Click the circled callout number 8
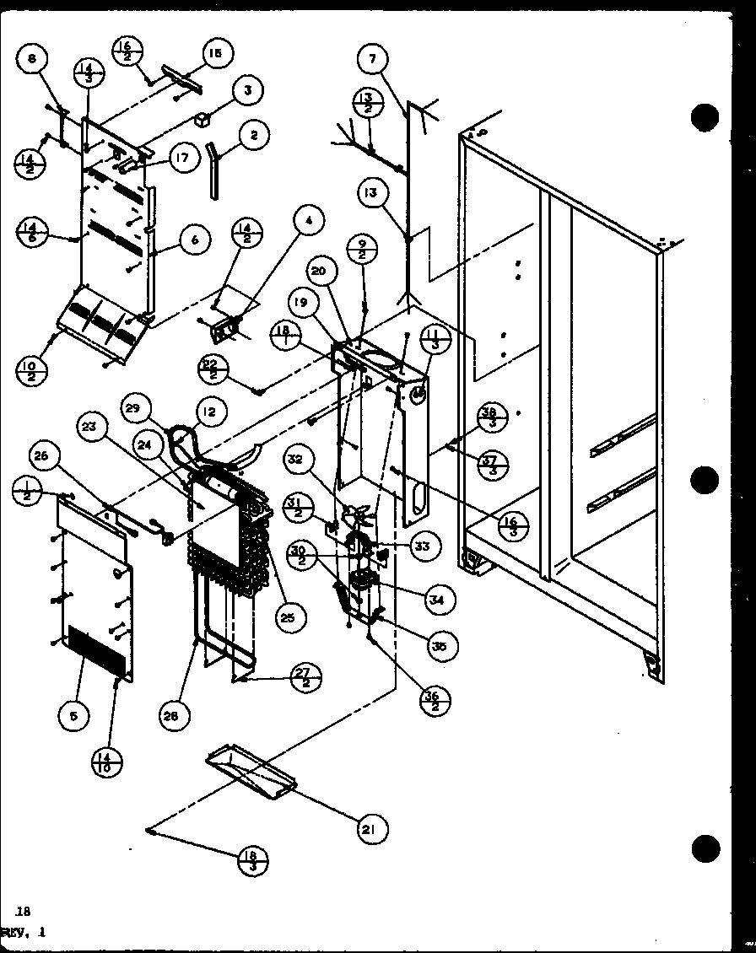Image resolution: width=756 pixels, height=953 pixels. (x=32, y=59)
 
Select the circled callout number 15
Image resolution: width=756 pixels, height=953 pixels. (x=215, y=53)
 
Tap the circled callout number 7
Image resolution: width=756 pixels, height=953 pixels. (x=373, y=59)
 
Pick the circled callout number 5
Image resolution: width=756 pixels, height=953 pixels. (x=74, y=716)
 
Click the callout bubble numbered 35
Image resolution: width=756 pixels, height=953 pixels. (x=440, y=646)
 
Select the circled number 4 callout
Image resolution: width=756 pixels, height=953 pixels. (x=309, y=223)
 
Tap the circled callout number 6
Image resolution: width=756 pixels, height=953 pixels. (x=195, y=240)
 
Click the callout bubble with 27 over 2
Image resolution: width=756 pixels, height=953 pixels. (x=304, y=677)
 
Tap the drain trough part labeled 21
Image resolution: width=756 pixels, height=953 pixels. (x=251, y=771)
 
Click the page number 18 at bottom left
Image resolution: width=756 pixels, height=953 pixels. (x=22, y=910)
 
